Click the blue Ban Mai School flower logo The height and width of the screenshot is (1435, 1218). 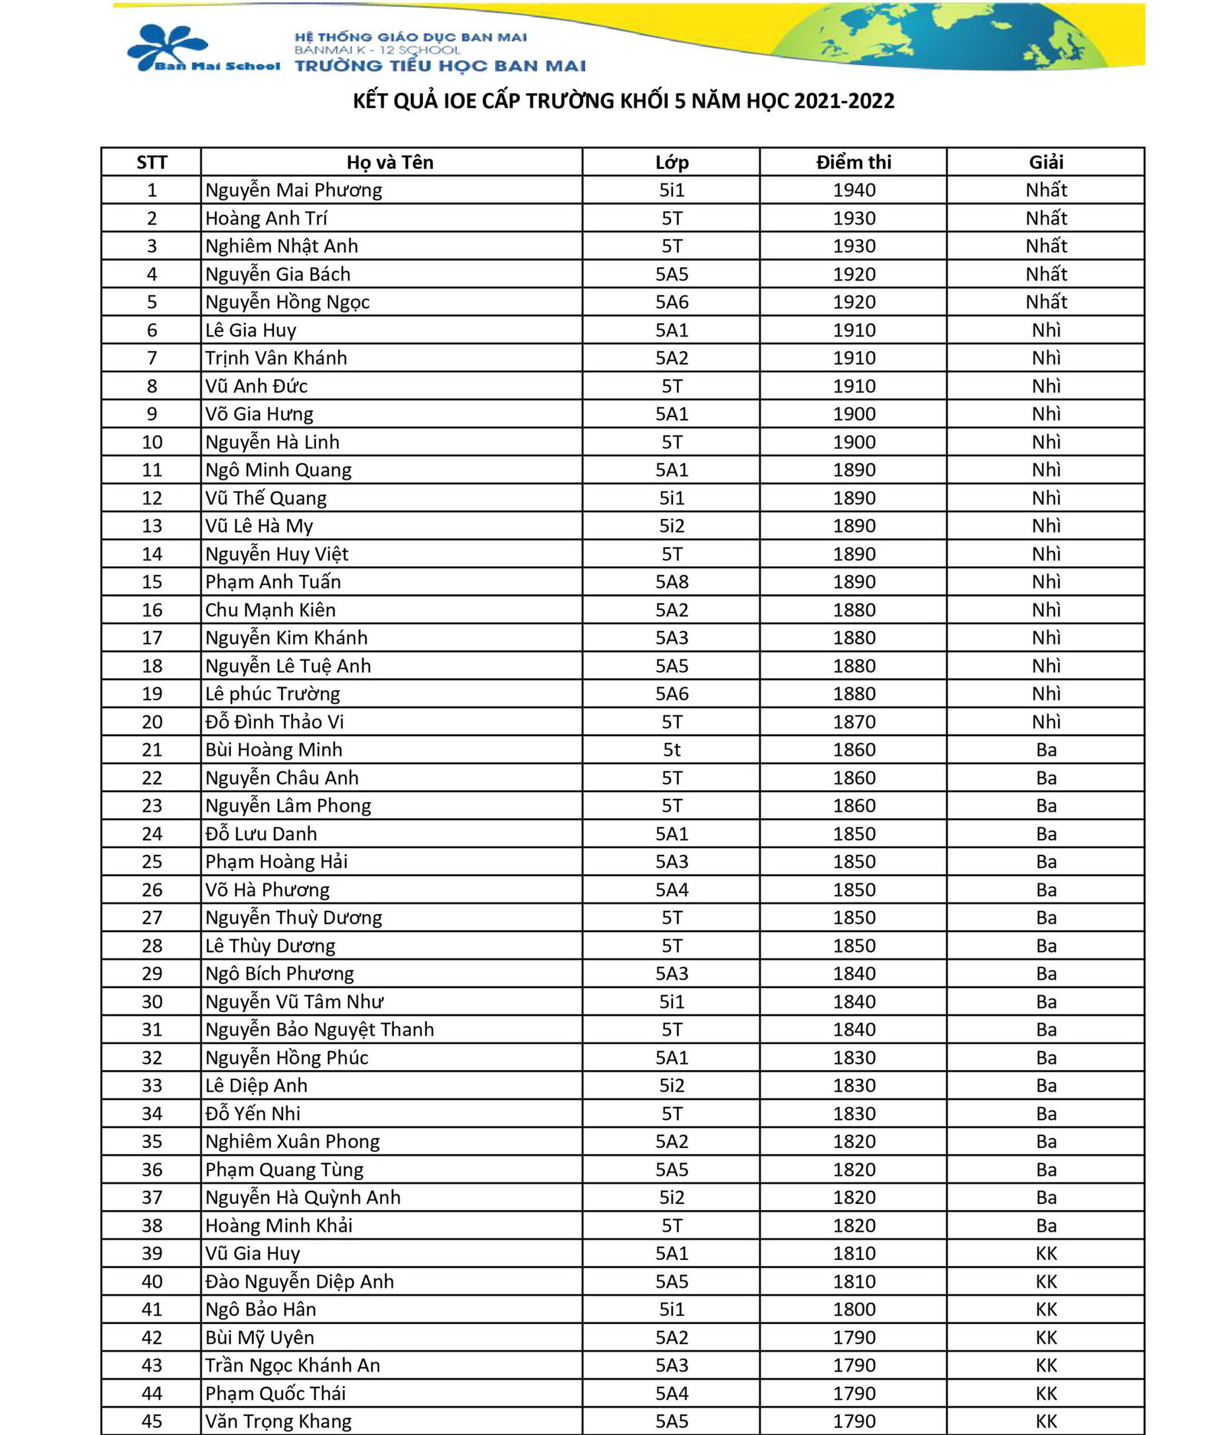(x=168, y=46)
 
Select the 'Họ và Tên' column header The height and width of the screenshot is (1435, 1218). (x=390, y=162)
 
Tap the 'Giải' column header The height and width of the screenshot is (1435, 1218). (x=1045, y=162)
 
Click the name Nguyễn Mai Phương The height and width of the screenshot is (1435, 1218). (x=294, y=190)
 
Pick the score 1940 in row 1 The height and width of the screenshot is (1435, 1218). (x=854, y=190)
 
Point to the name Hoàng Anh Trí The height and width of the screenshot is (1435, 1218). (x=266, y=218)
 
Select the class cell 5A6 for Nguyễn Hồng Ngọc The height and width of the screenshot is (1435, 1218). (x=672, y=302)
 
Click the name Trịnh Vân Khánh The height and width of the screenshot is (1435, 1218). (x=276, y=358)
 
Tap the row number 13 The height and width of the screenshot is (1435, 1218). (x=152, y=525)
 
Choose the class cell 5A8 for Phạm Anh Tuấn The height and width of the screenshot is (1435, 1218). (x=672, y=582)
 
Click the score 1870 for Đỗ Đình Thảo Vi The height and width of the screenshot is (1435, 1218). (x=854, y=721)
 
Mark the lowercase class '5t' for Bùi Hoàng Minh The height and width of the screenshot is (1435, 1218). (x=672, y=749)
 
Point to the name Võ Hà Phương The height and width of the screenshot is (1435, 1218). (x=267, y=890)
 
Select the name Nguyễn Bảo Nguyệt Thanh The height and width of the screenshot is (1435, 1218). (x=320, y=1029)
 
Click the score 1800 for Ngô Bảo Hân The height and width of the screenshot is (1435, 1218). (x=854, y=1309)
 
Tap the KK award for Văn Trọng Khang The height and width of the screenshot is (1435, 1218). (x=1046, y=1420)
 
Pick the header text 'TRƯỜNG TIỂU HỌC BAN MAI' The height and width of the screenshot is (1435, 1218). (x=440, y=66)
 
